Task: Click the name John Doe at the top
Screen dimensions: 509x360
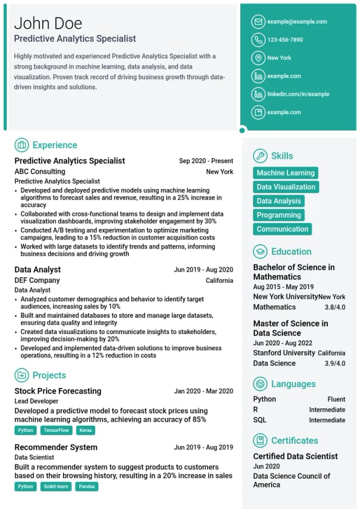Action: click(48, 23)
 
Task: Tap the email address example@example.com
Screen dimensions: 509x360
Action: click(297, 22)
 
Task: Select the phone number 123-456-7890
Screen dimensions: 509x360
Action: click(285, 40)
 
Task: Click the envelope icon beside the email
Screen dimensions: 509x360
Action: click(258, 22)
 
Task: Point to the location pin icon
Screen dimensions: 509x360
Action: click(258, 58)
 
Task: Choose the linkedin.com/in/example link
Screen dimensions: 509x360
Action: click(298, 94)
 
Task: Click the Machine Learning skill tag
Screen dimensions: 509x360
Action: click(286, 173)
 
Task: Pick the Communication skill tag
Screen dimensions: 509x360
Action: click(282, 229)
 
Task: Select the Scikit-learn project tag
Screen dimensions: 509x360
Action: click(56, 487)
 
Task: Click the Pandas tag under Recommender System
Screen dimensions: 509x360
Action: click(87, 487)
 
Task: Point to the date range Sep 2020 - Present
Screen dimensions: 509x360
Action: click(206, 161)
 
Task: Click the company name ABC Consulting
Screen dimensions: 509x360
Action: click(40, 172)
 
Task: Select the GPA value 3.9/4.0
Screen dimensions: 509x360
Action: click(335, 363)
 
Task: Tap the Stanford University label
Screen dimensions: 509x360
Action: click(284, 353)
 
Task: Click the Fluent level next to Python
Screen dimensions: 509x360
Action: click(336, 399)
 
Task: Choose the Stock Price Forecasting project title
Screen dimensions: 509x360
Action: click(58, 391)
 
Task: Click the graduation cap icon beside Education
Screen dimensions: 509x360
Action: click(260, 251)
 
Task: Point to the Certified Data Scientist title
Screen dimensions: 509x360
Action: click(295, 456)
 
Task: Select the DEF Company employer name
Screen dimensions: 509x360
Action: click(37, 280)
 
